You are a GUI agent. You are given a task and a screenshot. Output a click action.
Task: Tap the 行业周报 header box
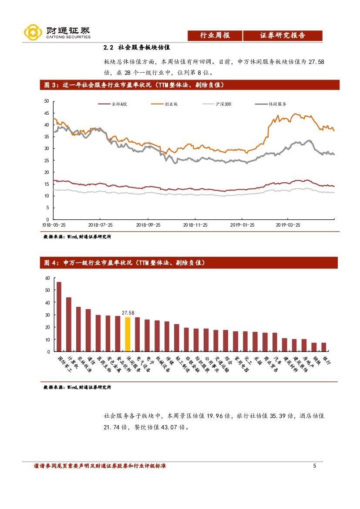[x=215, y=36]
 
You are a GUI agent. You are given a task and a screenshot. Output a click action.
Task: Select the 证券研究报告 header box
[x=283, y=36]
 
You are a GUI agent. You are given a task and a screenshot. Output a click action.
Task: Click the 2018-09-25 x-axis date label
[x=148, y=225]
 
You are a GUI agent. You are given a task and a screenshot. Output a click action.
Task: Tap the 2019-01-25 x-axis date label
[x=242, y=225]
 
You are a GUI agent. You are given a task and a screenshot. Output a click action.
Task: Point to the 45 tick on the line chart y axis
[x=47, y=113]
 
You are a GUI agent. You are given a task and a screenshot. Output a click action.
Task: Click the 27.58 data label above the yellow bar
[x=128, y=312]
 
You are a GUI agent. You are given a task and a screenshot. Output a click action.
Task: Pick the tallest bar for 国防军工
[x=59, y=316]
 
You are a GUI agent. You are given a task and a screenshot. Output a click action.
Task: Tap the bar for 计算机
[x=69, y=324]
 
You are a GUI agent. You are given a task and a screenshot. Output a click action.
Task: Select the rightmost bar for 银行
[x=323, y=347]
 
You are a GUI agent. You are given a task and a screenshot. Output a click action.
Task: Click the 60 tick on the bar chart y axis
[x=47, y=278]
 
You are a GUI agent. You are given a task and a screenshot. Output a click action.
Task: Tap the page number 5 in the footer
[x=315, y=466]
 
